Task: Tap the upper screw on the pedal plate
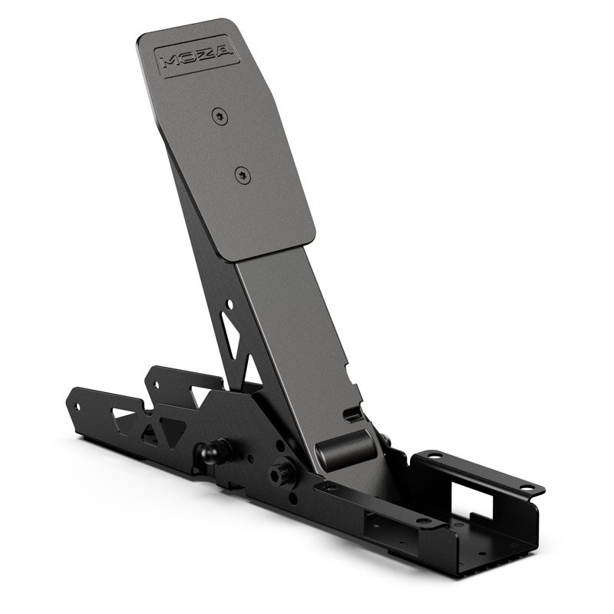[221, 115]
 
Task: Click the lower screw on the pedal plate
[243, 174]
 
